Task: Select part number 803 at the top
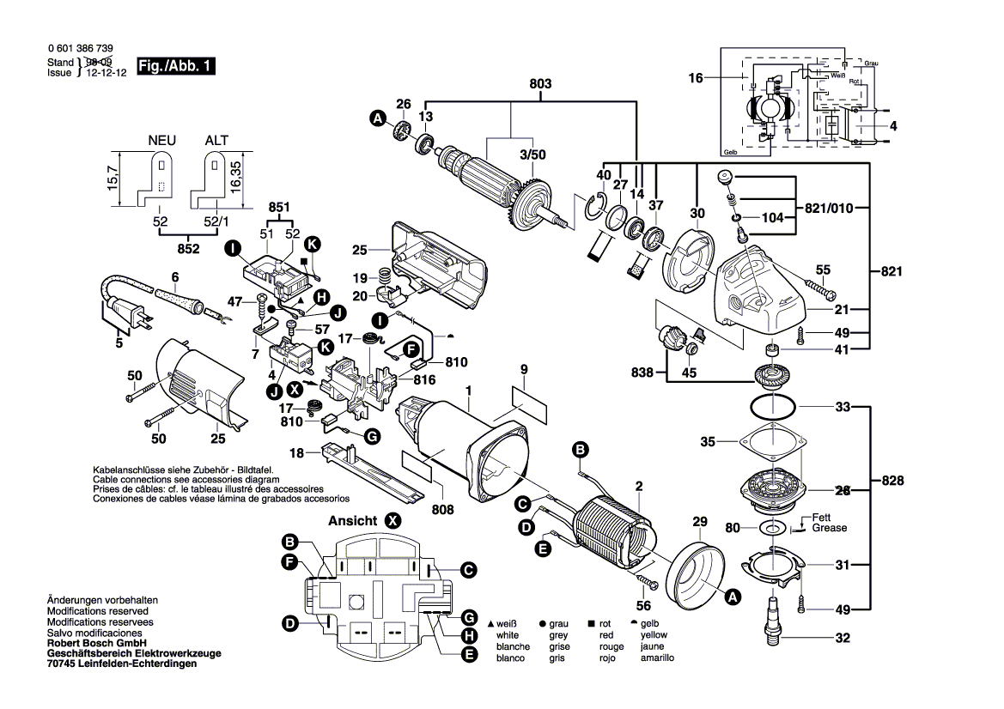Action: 540,84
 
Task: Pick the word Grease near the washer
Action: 829,528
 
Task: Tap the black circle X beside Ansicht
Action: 392,520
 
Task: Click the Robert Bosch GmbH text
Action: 97,643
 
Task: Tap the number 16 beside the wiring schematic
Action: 696,78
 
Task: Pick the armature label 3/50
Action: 532,154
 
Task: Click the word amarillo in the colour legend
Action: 657,657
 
